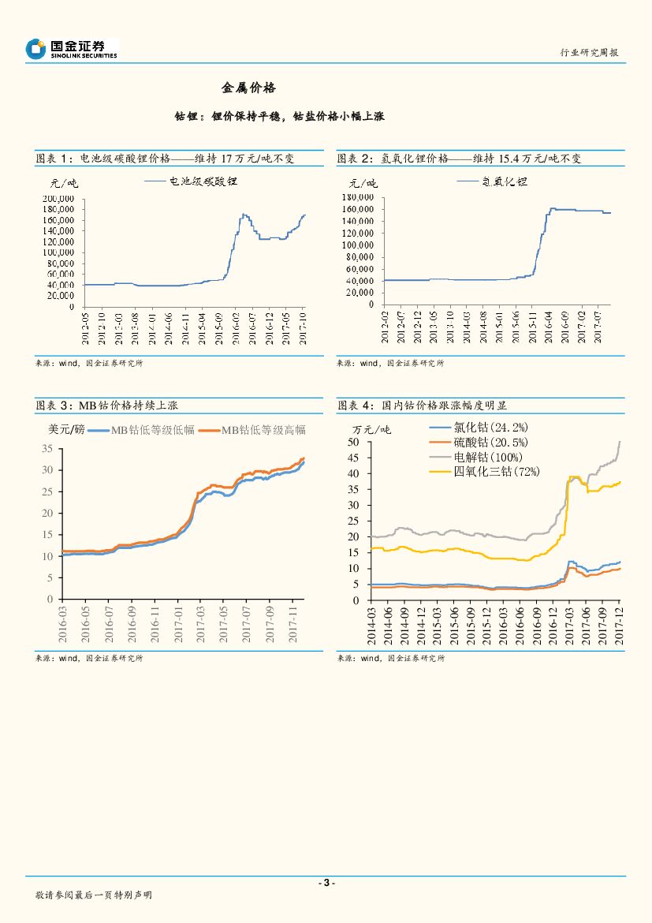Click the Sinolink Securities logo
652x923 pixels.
pyautogui.click(x=71, y=49)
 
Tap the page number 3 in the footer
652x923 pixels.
pyautogui.click(x=326, y=882)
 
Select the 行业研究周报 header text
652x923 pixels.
pyautogui.click(x=589, y=52)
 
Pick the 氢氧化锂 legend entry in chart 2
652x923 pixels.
pyautogui.click(x=505, y=181)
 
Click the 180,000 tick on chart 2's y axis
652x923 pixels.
pyautogui.click(x=359, y=196)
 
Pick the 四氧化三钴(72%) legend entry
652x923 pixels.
pyautogui.click(x=496, y=471)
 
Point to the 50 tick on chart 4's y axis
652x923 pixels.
pyautogui.click(x=352, y=442)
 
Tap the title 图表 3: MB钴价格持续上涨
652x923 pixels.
pyautogui.click(x=107, y=405)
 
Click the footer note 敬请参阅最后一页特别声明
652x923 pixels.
pyautogui.click(x=94, y=895)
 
